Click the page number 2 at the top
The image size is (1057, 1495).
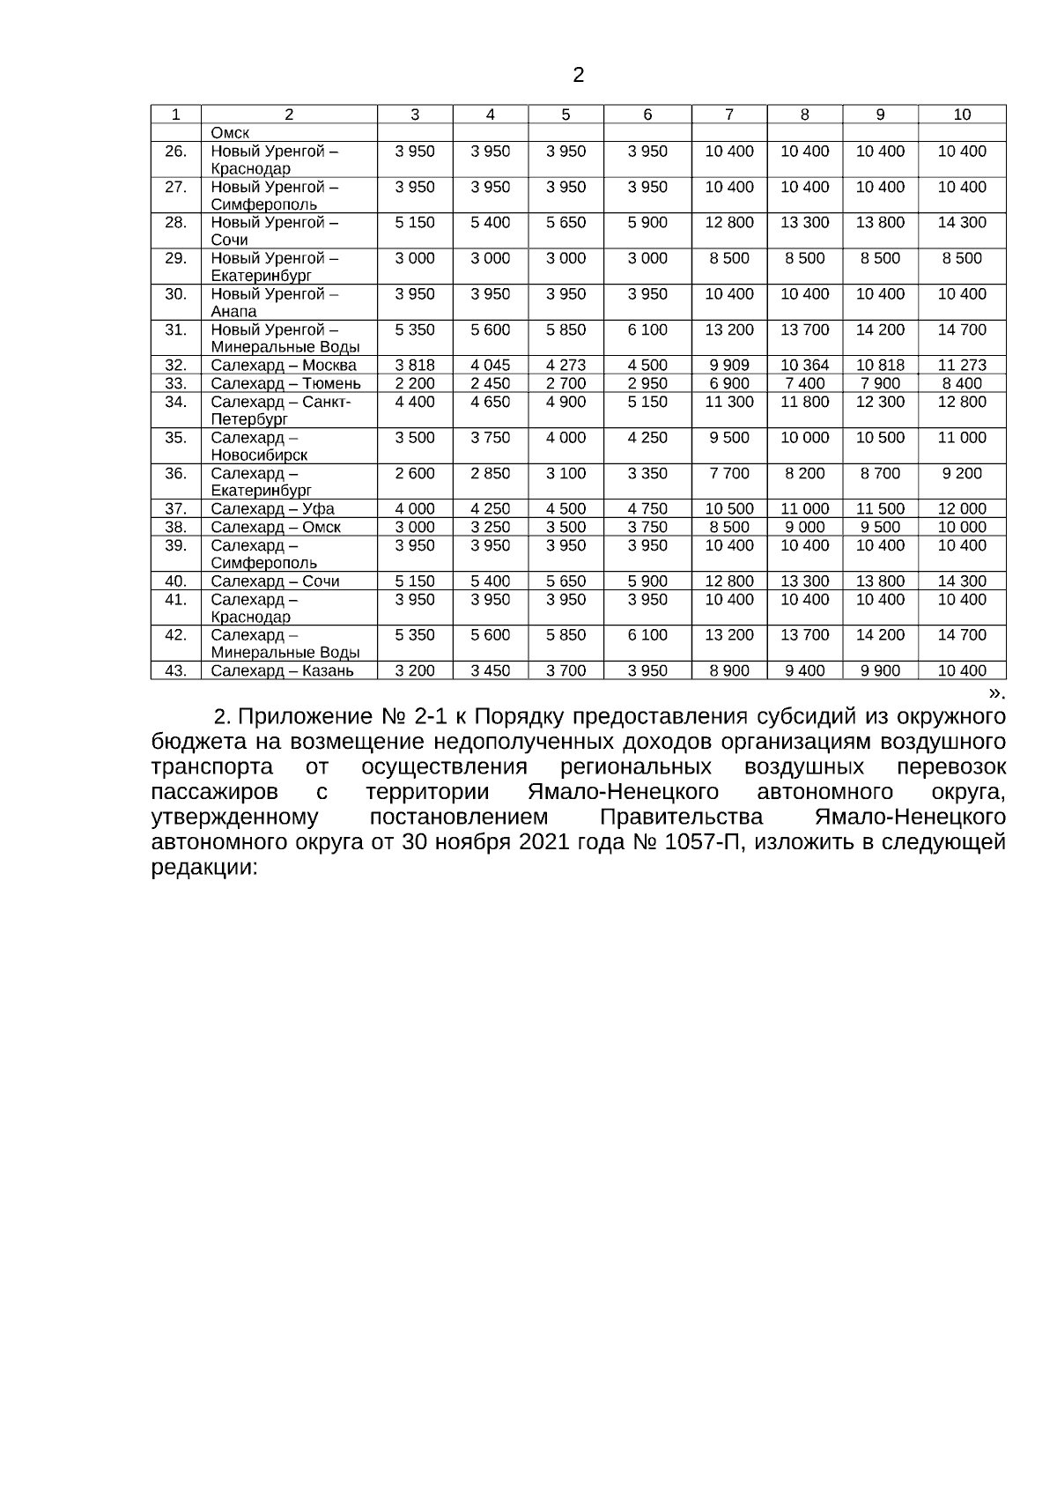578,75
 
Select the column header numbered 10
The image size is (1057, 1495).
962,114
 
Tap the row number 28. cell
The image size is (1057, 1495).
176,222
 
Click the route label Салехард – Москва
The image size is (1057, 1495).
284,365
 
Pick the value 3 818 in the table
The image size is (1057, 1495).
415,365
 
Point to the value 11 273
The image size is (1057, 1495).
962,365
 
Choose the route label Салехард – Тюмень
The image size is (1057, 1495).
285,383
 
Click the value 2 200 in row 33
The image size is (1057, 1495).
415,383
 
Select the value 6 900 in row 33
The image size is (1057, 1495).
729,383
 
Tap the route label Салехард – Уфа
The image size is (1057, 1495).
272,508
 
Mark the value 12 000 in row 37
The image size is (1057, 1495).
962,508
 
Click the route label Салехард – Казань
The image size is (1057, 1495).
282,670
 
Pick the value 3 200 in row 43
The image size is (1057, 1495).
415,670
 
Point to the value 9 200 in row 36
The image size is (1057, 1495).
962,473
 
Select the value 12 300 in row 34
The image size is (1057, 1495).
880,402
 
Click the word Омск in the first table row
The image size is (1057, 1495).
230,133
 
